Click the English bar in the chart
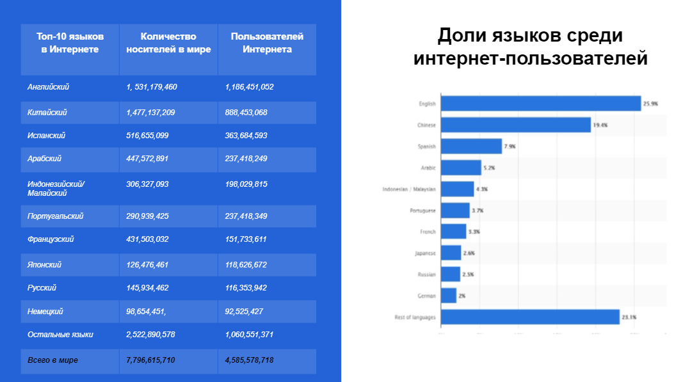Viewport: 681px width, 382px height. [x=541, y=104]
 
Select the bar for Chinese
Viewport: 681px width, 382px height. [x=516, y=125]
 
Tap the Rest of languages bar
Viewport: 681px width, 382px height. [x=530, y=317]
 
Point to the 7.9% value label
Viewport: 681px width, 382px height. [x=510, y=147]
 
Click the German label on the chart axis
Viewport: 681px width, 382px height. [x=427, y=296]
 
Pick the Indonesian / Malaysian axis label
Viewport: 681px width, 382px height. [x=409, y=189]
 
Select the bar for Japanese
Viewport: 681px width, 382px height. [x=451, y=253]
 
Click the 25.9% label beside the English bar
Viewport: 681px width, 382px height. [x=651, y=104]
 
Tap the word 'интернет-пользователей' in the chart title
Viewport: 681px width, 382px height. [x=531, y=59]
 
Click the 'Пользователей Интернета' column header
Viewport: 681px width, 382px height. [x=267, y=43]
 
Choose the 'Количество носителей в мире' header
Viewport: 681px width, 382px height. [x=168, y=43]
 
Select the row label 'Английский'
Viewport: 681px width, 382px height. [x=49, y=87]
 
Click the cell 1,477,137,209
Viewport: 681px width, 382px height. [x=151, y=113]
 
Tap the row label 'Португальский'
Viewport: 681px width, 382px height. [x=56, y=216]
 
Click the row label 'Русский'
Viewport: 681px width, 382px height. [x=42, y=288]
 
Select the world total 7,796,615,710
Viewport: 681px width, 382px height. [x=151, y=360]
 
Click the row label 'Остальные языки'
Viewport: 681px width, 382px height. [x=61, y=335]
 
